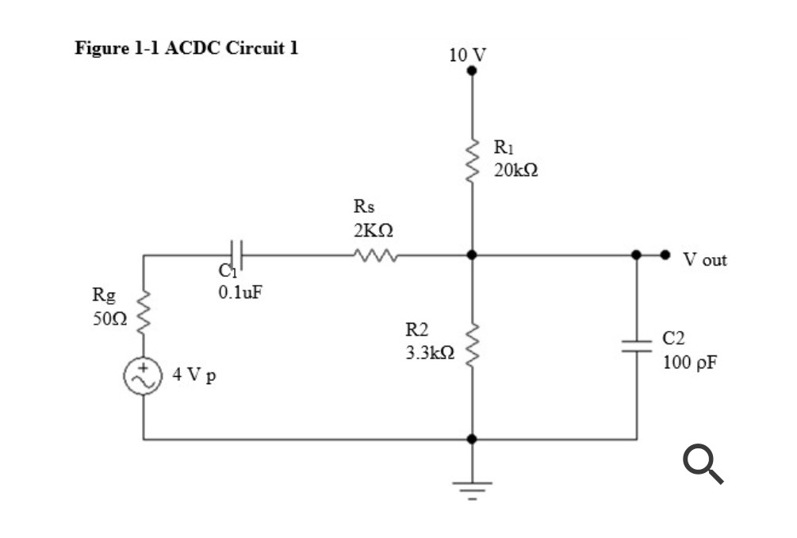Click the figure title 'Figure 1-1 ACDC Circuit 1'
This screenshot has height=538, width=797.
pyautogui.click(x=187, y=48)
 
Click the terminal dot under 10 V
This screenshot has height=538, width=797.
pyautogui.click(x=472, y=71)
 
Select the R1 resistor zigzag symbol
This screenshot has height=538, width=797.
pyautogui.click(x=473, y=159)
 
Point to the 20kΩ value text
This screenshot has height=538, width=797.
pyautogui.click(x=515, y=171)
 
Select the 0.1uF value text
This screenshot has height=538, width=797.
pyautogui.click(x=239, y=291)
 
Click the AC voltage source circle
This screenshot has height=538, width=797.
pyautogui.click(x=144, y=376)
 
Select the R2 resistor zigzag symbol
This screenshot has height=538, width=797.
pyautogui.click(x=473, y=342)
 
